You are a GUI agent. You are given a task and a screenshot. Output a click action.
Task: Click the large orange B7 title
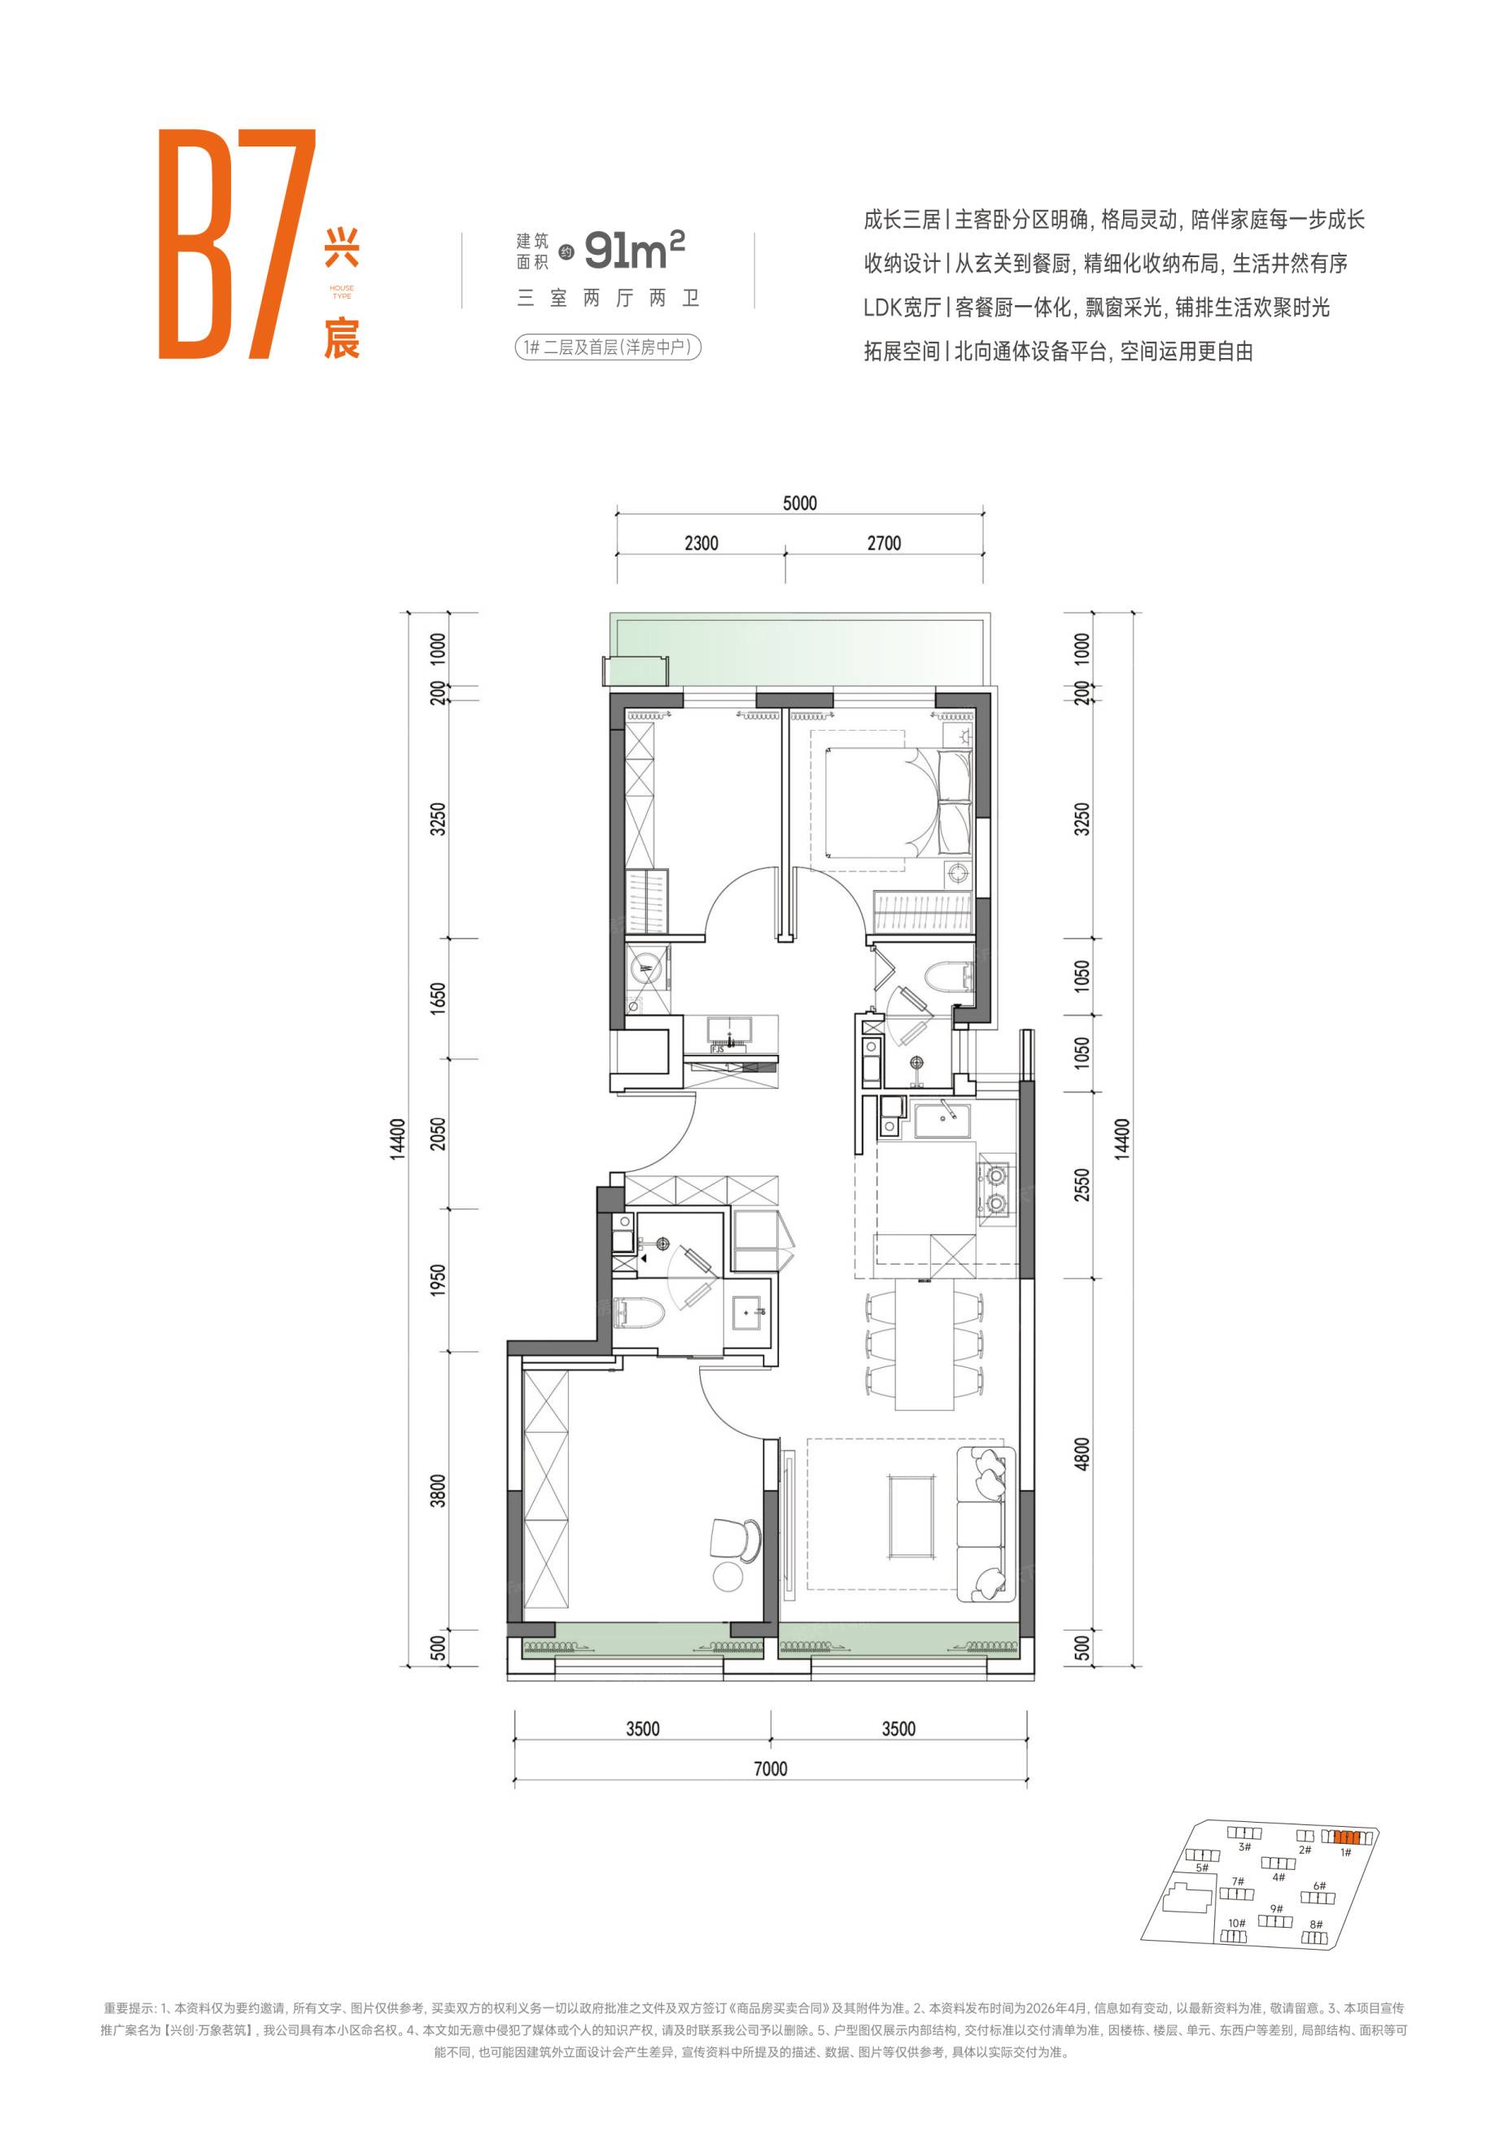tap(237, 243)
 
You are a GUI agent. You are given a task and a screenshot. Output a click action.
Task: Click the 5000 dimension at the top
tap(799, 503)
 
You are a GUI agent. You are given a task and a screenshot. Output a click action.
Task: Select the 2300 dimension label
tap(701, 544)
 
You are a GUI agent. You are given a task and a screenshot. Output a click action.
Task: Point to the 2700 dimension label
tap(884, 544)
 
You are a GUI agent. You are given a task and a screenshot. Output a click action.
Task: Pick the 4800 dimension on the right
tap(1081, 1455)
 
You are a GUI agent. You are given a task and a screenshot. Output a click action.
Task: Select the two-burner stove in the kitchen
tap(996, 1190)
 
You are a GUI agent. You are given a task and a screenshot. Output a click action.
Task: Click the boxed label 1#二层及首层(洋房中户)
tap(608, 347)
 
